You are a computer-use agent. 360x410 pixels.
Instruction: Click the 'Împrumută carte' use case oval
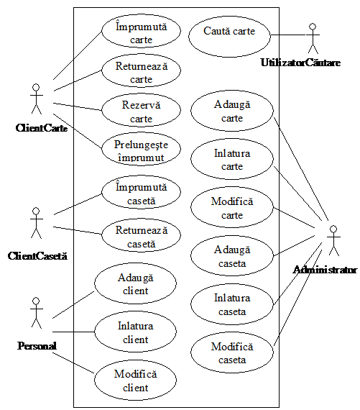click(x=141, y=31)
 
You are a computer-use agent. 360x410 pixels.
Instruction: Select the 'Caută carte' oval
click(x=229, y=36)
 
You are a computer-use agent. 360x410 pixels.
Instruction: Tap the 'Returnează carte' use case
click(x=141, y=70)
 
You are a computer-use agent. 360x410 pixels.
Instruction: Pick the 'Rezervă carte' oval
click(x=141, y=110)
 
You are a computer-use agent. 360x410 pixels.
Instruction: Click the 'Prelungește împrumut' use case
click(x=141, y=148)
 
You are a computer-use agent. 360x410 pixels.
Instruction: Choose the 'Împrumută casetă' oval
click(x=141, y=191)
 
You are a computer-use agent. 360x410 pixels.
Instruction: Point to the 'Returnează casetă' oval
click(x=141, y=235)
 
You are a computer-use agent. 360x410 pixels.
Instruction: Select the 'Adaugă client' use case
click(x=135, y=283)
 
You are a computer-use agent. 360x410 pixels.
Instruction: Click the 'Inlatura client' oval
click(x=135, y=332)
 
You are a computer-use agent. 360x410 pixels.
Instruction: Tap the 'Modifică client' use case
click(x=135, y=380)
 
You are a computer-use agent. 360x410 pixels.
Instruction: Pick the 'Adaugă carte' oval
click(x=232, y=110)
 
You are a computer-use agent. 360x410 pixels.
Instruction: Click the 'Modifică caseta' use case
click(x=232, y=352)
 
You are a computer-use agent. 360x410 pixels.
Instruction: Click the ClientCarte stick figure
click(x=37, y=99)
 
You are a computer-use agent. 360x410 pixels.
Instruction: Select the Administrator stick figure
click(x=333, y=240)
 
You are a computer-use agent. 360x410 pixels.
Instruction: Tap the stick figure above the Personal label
click(x=37, y=313)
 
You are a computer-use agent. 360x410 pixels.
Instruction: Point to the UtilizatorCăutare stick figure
click(x=313, y=38)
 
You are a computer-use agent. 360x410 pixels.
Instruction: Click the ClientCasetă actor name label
click(x=37, y=256)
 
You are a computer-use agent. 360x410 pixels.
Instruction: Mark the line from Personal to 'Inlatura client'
click(x=73, y=332)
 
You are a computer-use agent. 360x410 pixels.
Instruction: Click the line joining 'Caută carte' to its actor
click(x=288, y=35)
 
